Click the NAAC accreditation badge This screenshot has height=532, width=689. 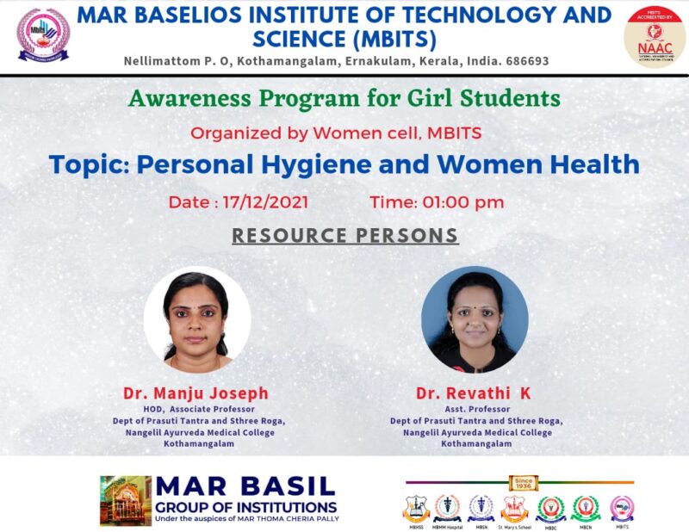click(655, 35)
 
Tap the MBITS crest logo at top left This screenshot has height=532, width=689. click(43, 35)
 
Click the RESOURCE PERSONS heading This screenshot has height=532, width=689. click(345, 235)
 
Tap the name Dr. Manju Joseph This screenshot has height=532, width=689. click(196, 393)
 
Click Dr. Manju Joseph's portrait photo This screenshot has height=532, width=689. click(197, 319)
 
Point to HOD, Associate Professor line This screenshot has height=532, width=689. click(197, 409)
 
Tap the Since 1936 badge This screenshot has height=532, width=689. click(523, 482)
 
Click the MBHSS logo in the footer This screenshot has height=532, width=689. click(417, 509)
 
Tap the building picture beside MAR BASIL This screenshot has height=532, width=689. click(125, 500)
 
